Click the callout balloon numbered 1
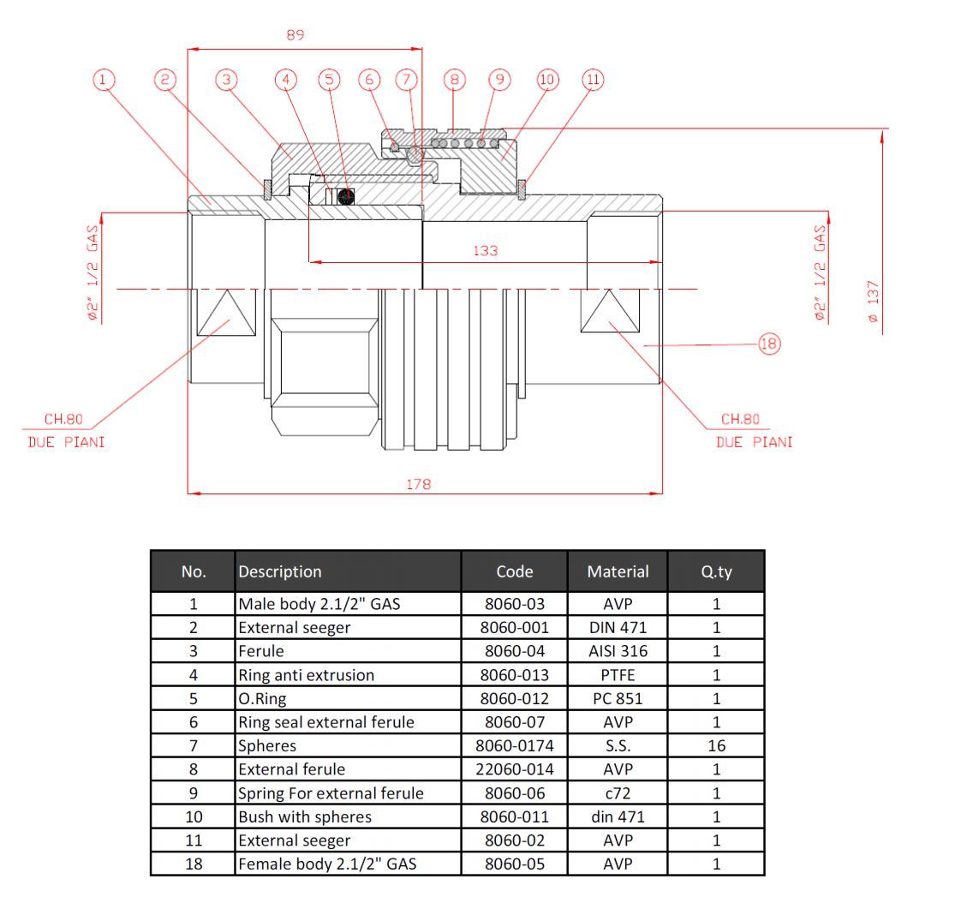click(104, 80)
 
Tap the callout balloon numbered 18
click(768, 344)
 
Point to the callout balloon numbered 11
click(592, 80)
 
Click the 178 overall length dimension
click(419, 484)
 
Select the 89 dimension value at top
click(295, 35)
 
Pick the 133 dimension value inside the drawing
click(486, 251)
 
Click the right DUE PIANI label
click(754, 442)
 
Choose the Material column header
click(618, 571)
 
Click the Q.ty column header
click(716, 571)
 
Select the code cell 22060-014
click(514, 769)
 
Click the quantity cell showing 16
click(716, 745)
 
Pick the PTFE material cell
click(618, 674)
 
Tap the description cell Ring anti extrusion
click(307, 674)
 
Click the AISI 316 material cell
click(618, 650)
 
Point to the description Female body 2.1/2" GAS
click(327, 864)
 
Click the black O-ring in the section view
click(345, 197)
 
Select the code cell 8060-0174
click(514, 745)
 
